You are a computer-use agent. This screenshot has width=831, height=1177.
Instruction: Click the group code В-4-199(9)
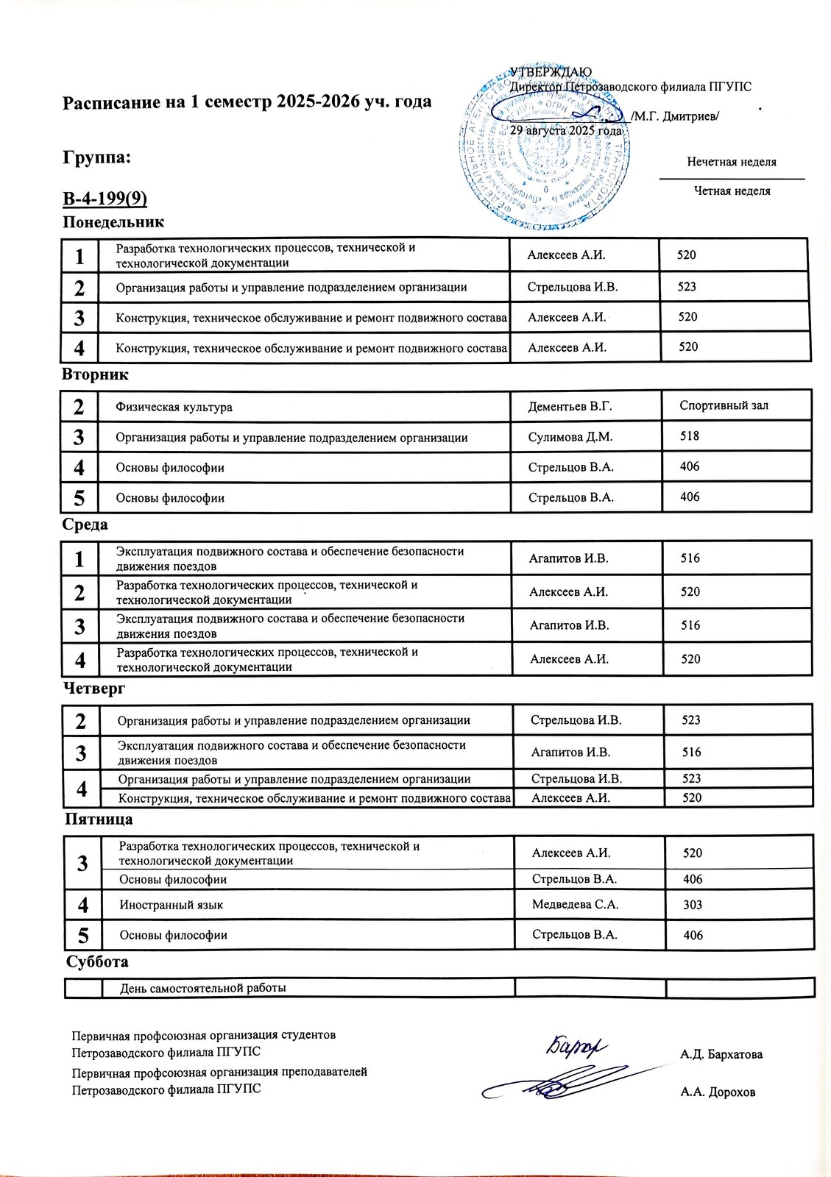(105, 199)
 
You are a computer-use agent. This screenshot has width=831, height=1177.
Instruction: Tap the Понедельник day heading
(113, 222)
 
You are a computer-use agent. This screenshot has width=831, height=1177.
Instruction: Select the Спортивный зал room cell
(724, 405)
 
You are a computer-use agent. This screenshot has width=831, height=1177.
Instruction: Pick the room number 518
(690, 436)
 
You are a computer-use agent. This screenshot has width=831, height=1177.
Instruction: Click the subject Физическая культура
(174, 408)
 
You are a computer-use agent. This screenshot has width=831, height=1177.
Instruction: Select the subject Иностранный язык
(171, 906)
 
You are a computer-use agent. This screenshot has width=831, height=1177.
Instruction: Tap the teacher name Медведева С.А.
(575, 905)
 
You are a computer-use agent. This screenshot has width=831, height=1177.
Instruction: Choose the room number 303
(693, 906)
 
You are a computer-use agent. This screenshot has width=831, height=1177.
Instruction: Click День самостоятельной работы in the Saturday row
(202, 988)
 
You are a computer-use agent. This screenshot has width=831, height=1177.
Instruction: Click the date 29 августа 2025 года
(566, 129)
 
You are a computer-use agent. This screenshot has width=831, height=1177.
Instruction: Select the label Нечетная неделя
(732, 162)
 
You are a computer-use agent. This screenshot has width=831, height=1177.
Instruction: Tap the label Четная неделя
(732, 191)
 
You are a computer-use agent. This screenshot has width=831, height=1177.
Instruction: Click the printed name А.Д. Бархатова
(722, 1054)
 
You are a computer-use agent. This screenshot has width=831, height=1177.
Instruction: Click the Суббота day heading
(97, 962)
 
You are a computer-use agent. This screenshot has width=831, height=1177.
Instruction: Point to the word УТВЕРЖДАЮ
(548, 72)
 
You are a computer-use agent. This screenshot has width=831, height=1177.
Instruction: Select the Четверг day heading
(94, 689)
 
